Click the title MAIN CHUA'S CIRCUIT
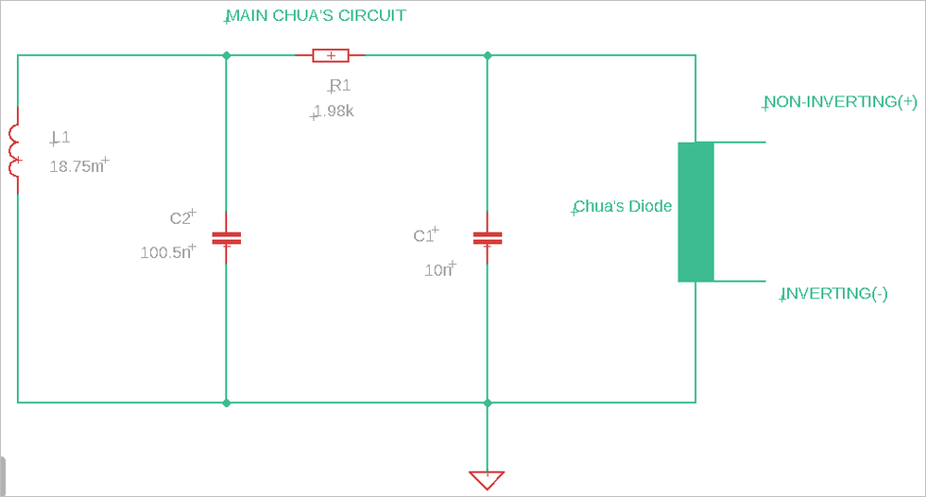click(316, 16)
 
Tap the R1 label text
click(339, 87)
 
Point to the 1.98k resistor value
click(334, 111)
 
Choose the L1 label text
click(60, 138)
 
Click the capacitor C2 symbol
click(226, 238)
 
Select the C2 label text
click(181, 218)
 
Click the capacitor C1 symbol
click(487, 238)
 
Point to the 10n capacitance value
click(439, 270)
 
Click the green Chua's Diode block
click(695, 212)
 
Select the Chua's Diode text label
click(623, 206)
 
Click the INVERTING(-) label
click(833, 294)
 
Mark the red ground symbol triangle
click(487, 479)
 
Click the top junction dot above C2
click(226, 56)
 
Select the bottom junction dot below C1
click(487, 403)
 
